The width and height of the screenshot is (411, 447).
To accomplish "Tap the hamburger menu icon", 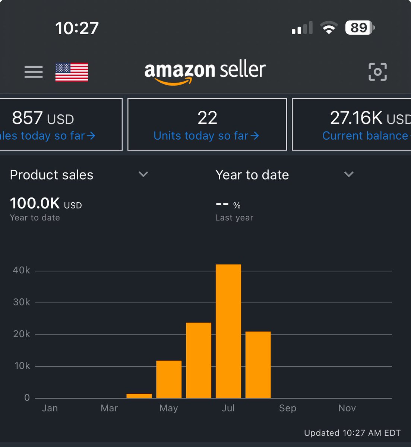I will pos(34,72).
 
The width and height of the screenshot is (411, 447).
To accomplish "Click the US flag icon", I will pos(72,72).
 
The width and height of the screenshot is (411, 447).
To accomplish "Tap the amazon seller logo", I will pos(205,72).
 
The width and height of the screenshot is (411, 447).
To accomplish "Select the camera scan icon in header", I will pos(377,72).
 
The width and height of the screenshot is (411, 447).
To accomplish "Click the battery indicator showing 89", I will pos(360,28).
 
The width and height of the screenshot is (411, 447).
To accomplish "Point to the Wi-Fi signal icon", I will pos(329,28).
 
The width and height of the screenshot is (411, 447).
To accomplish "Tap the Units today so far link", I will pos(206,136).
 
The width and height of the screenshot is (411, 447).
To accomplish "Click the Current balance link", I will pos(365,136).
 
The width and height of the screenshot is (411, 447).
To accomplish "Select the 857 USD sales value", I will pos(43,118).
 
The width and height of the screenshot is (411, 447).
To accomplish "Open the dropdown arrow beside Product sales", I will pos(143,174).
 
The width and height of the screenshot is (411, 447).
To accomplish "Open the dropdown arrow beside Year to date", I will pos(349,174).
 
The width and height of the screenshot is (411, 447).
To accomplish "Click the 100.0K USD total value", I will pos(45,203).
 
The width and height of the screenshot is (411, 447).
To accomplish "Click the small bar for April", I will pos(139,396).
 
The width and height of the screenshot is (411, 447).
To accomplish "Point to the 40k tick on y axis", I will pos(22,270).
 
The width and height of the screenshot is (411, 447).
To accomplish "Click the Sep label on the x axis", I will pos(288,408).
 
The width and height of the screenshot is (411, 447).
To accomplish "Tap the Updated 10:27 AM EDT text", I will pos(352,433).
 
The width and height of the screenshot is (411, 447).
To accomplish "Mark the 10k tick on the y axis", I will pos(22,366).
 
